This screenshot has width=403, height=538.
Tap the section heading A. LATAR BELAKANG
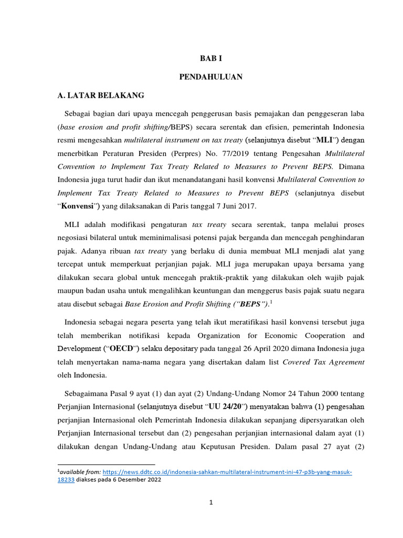pyautogui.click(x=100, y=96)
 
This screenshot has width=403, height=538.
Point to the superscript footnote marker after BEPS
pyautogui.click(x=270, y=302)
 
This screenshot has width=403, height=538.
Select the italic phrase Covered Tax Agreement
pyautogui.click(x=323, y=362)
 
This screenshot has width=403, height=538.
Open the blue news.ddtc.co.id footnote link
pyautogui.click(x=227, y=472)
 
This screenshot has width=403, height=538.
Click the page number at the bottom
pyautogui.click(x=210, y=502)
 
